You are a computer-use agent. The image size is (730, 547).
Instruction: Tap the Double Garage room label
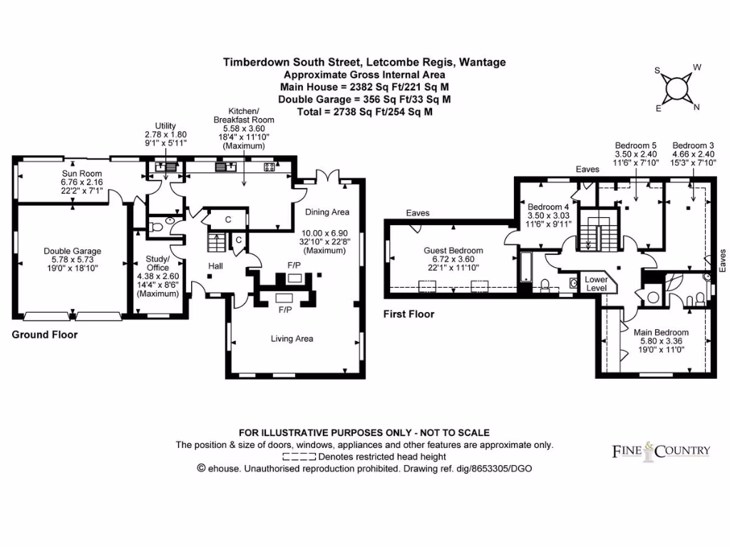pos(72,251)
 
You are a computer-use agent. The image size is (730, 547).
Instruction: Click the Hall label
pos(216,266)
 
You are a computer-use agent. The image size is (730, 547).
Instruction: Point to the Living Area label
pos(292,338)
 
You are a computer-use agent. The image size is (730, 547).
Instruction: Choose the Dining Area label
pos(327,212)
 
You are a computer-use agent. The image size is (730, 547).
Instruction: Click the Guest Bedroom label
pos(453,251)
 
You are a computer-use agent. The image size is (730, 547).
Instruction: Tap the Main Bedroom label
pos(661,332)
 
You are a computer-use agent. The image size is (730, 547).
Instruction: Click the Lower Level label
pos(596,283)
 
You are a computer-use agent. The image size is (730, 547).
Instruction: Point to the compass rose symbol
pos(677,89)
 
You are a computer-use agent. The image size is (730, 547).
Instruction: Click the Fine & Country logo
pos(662,450)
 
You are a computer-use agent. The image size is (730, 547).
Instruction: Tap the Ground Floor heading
pos(44,335)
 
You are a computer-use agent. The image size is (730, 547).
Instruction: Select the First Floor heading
pos(408,314)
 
